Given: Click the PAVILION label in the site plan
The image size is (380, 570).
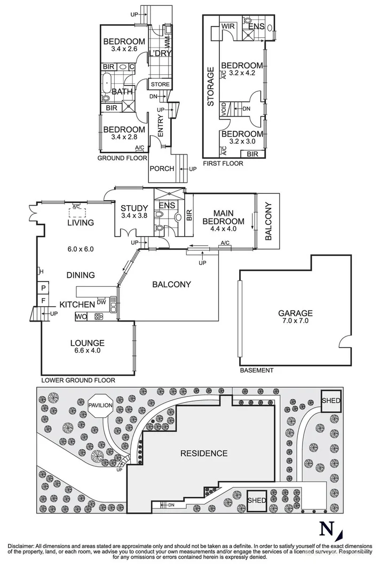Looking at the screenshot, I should (100, 405).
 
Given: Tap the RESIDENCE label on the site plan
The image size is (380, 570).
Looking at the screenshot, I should (203, 454).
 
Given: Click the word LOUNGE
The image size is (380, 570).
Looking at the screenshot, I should (87, 342).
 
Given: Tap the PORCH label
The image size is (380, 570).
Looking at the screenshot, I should (162, 169).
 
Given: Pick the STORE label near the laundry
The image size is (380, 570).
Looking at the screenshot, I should (160, 84).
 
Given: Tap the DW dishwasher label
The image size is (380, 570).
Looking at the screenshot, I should (101, 301).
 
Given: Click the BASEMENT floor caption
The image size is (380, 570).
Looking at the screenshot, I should (256, 370).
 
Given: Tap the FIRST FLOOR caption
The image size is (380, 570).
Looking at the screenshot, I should (223, 163).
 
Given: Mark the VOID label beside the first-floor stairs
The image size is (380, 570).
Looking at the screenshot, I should (225, 108).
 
